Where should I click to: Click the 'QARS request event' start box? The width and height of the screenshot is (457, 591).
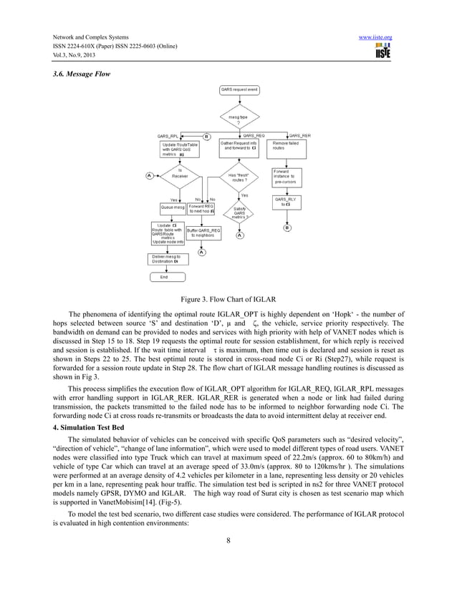point(239,90)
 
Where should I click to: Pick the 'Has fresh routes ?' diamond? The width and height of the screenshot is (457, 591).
point(239,177)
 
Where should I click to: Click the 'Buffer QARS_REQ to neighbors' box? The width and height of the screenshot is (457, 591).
point(203,233)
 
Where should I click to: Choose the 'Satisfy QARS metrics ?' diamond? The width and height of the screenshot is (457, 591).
point(239,212)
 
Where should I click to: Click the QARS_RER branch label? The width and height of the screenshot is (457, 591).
point(299,135)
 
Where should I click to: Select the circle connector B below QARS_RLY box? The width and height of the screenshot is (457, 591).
point(287,228)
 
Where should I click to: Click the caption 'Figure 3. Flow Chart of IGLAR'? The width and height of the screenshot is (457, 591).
point(228,299)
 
